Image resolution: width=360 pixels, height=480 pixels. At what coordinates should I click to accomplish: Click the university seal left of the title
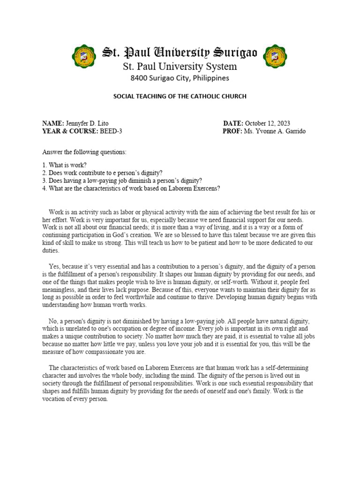85,56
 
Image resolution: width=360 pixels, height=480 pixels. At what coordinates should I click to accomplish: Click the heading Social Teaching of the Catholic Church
180,96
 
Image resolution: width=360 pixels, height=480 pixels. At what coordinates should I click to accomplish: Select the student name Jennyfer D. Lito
87,123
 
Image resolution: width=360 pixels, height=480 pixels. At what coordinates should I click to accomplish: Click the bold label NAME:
53,123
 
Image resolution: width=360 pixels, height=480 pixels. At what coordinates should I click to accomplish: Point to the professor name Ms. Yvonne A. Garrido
274,131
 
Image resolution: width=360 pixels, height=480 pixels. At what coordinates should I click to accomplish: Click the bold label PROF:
232,131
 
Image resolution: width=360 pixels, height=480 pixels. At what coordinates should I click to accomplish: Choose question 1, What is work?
64,165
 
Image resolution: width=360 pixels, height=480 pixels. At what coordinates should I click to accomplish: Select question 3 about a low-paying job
122,180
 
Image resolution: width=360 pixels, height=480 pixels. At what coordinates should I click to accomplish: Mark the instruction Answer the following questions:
84,152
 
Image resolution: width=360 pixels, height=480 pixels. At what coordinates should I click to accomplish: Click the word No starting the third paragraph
52,321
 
